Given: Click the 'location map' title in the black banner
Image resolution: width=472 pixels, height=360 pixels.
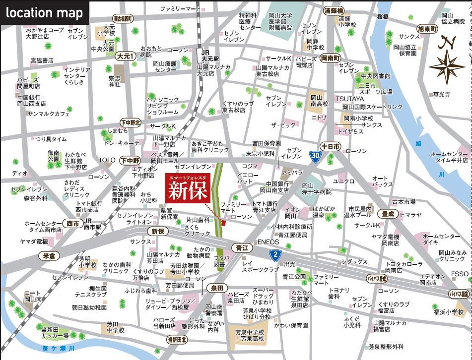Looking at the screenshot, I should tap(44, 12).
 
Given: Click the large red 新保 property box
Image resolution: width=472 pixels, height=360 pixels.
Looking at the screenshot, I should tap(188, 189).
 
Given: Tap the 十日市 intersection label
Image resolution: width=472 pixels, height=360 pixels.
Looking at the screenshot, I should tap(330, 146).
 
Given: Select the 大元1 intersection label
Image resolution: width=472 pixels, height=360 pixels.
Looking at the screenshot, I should tap(125, 57).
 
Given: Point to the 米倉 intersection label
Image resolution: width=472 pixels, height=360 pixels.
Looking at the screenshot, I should tap(49, 255).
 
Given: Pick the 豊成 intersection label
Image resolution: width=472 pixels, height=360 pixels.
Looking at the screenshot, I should tap(388, 214).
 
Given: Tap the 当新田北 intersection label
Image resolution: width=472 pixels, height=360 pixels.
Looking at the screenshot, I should tap(177, 340).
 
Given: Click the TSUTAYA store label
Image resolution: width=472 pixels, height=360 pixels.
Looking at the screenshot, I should tap(349, 99).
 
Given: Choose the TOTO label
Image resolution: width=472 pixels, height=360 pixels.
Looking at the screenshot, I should tap(107, 160).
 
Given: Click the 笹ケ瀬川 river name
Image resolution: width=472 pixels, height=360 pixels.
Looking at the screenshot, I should tap(59, 348).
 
